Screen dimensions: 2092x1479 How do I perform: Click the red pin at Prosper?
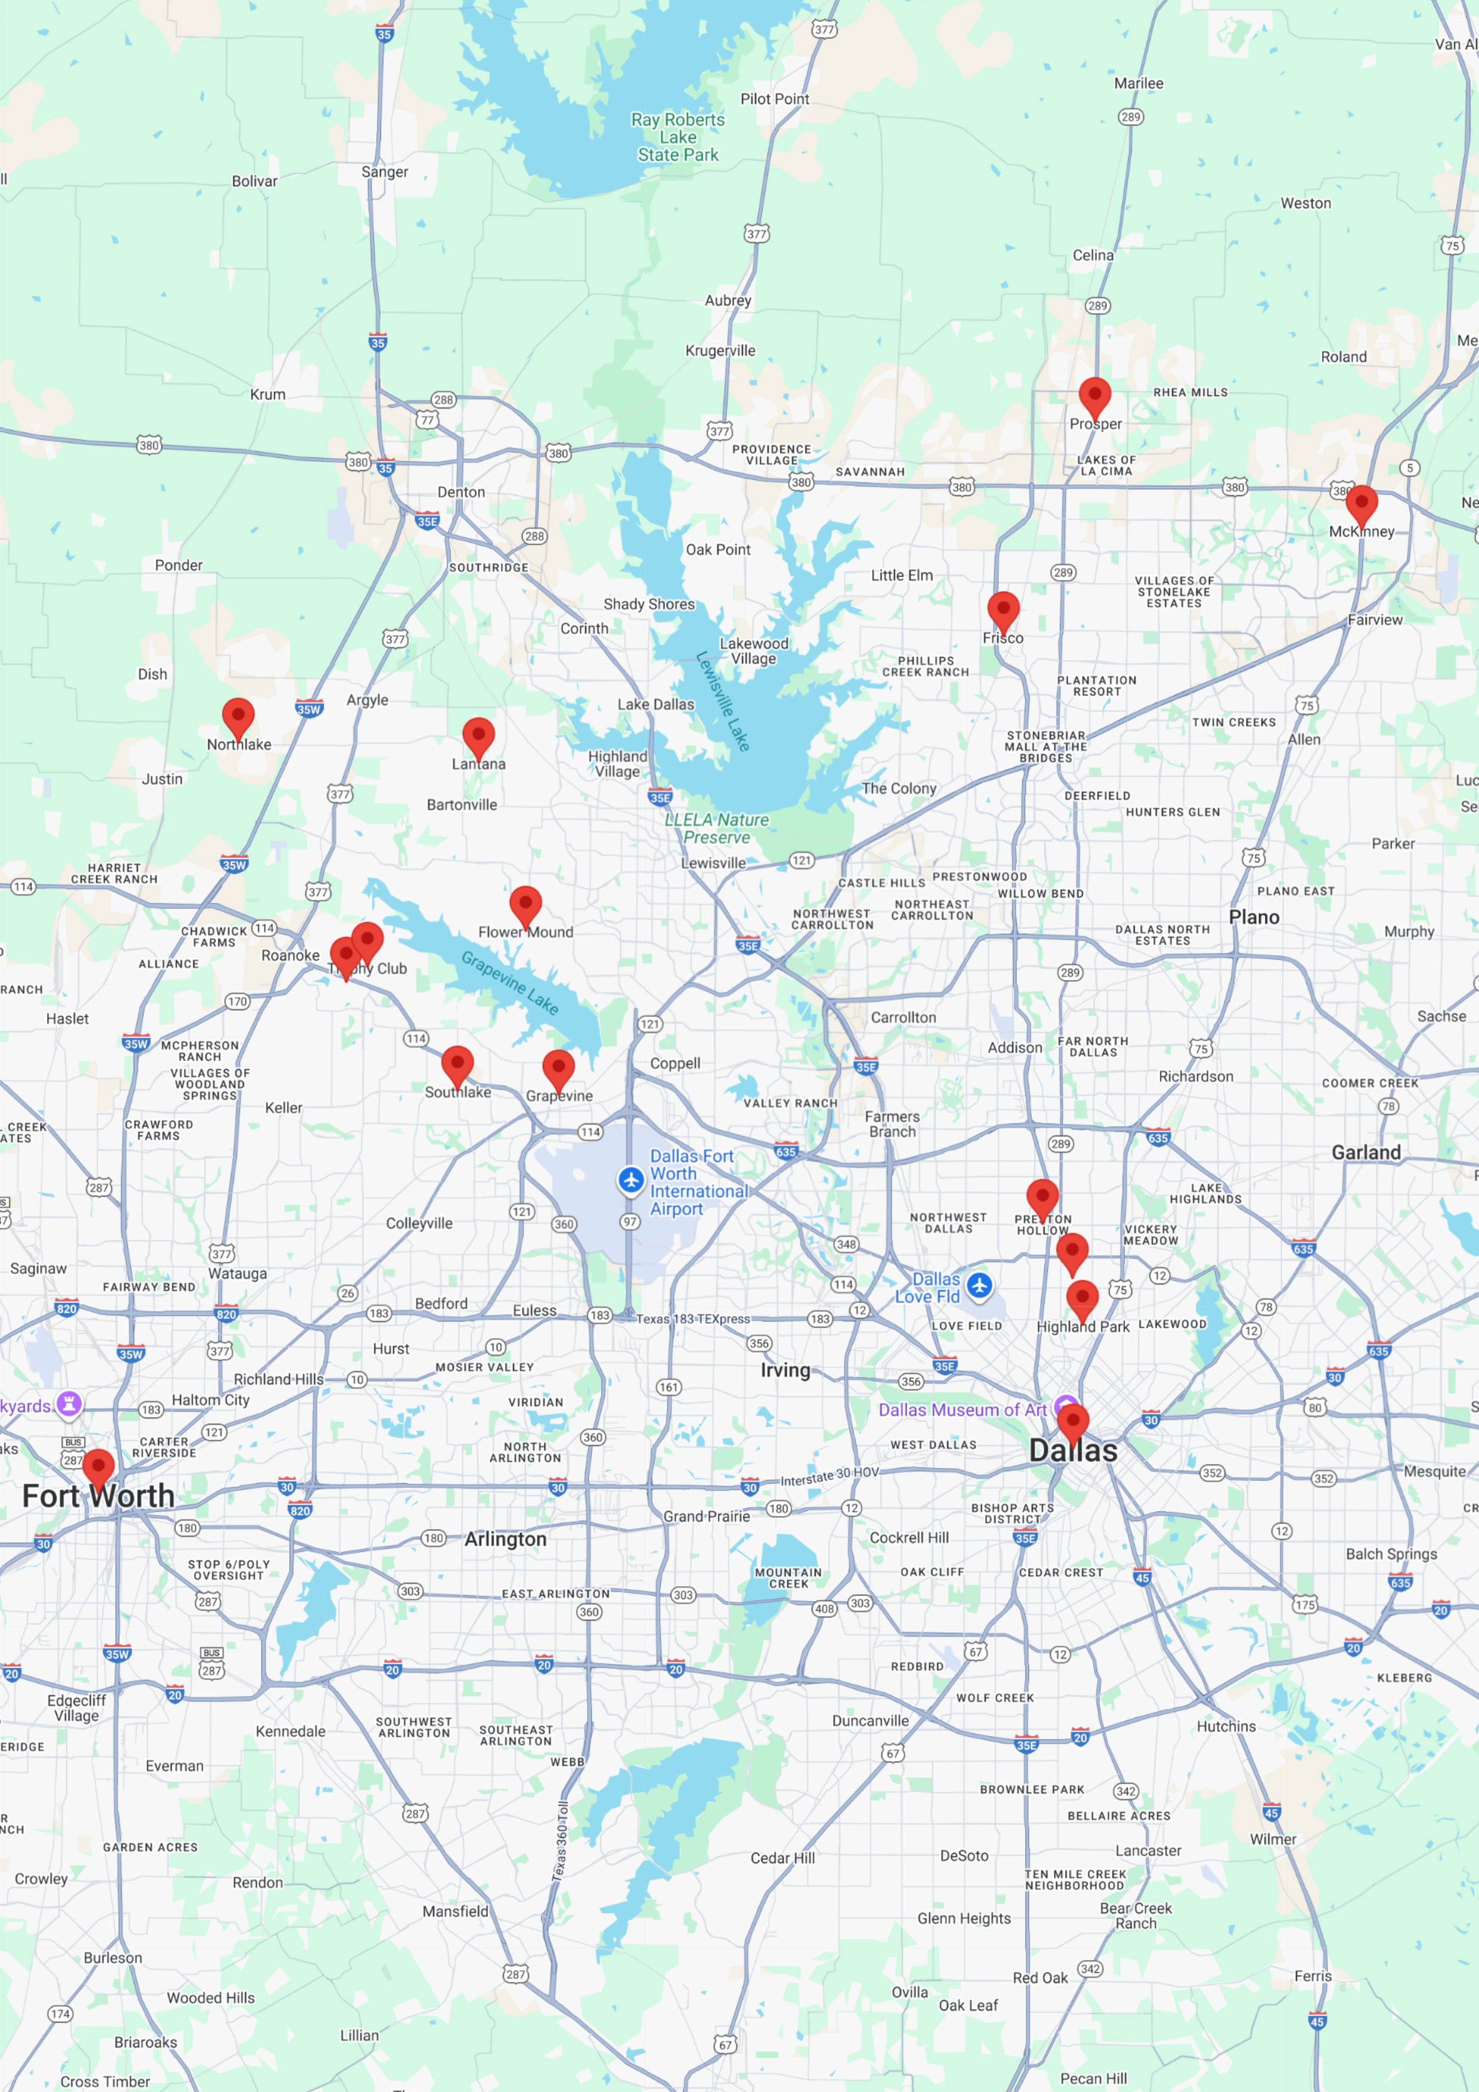pyautogui.click(x=1094, y=397)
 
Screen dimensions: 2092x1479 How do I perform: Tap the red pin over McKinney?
pyautogui.click(x=1360, y=505)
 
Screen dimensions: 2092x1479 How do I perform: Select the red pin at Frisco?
pyautogui.click(x=1002, y=611)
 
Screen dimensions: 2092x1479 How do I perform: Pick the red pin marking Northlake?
pyautogui.click(x=238, y=717)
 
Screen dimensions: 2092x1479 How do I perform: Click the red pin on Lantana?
pyautogui.click(x=478, y=736)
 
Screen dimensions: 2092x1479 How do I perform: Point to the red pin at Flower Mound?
pyautogui.click(x=525, y=905)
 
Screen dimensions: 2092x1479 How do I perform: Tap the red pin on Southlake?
pyautogui.click(x=457, y=1065)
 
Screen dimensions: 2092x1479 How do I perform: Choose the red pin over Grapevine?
pyautogui.click(x=558, y=1069)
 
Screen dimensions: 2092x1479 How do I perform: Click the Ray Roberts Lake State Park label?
pyautogui.click(x=678, y=138)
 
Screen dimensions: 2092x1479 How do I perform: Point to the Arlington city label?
pyautogui.click(x=506, y=1539)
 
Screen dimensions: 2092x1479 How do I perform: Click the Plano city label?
pyautogui.click(x=1254, y=917)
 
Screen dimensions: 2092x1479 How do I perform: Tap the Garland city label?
pyautogui.click(x=1366, y=1153)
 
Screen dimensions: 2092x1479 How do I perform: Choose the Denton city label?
pyautogui.click(x=461, y=492)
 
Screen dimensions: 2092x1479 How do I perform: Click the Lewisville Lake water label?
pyautogui.click(x=723, y=701)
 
